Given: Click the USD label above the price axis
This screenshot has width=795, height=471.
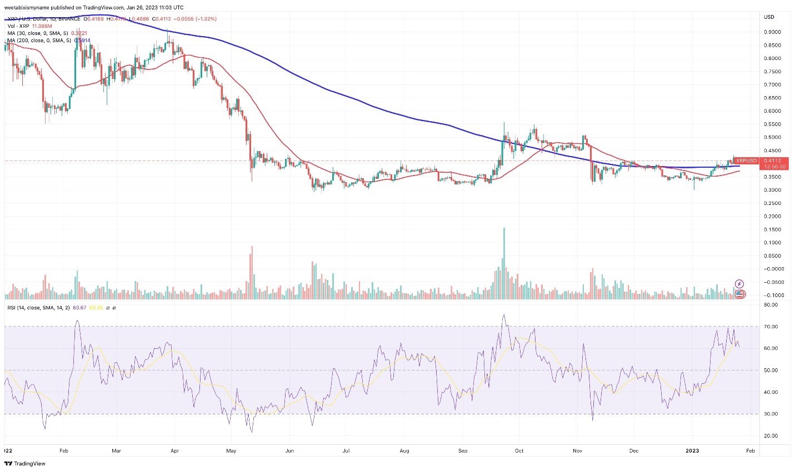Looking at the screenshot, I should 769,17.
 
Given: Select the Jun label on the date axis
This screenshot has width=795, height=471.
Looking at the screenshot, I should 289,451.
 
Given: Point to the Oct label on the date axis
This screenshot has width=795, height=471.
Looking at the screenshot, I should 519,451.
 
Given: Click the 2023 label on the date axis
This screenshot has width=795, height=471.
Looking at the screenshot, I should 693,451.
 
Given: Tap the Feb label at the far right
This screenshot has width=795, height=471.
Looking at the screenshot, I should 750,451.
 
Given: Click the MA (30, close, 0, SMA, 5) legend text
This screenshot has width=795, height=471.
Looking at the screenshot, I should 39,33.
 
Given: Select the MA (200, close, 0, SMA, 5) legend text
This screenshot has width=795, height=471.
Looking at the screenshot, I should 40,41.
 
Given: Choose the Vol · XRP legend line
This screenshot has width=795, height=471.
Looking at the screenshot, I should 18,26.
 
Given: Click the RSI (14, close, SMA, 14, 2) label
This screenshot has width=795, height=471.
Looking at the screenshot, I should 38,308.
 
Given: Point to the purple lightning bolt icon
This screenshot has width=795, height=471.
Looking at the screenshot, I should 739,284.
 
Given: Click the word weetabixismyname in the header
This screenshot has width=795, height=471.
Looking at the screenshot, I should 28,8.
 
